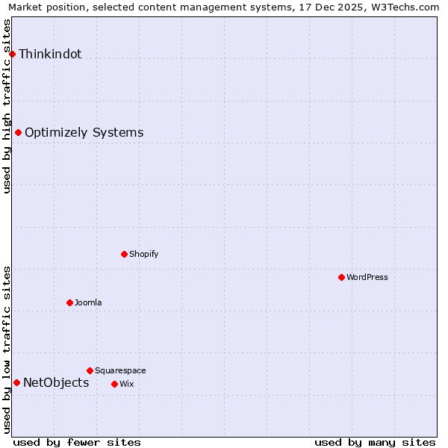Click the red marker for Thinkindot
point(12,54)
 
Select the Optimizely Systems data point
point(18,132)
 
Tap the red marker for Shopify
point(124,254)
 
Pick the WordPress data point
point(341,277)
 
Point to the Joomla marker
point(69,302)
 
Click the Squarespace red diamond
point(90,370)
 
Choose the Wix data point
point(114,384)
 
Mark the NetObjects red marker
point(16,382)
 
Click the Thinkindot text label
point(50,54)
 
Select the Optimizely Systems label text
point(84,132)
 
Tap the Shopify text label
point(143,254)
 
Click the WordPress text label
point(367,277)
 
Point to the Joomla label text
point(88,302)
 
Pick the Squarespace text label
point(120,370)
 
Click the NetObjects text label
point(56,382)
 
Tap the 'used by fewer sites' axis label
point(77,442)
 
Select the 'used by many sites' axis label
point(375,442)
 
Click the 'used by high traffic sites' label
point(7,106)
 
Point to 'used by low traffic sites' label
point(7,349)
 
